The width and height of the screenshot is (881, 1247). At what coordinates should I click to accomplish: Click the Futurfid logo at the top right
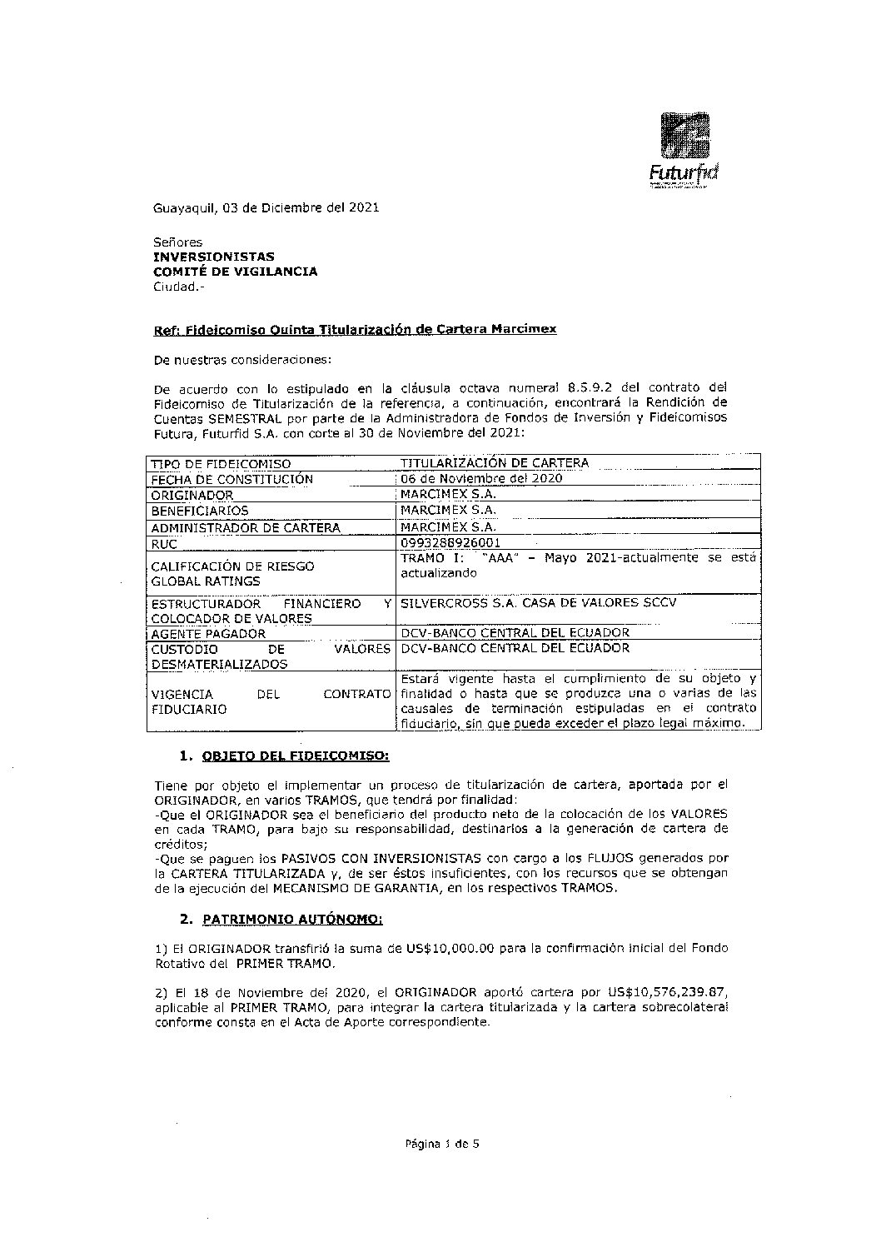[684, 148]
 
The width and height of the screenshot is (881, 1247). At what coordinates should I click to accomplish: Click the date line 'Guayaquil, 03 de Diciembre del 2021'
[266, 207]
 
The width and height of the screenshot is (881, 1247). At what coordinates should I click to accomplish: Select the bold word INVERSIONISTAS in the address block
[214, 257]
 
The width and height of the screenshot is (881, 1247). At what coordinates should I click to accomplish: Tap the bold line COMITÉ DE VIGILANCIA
[236, 272]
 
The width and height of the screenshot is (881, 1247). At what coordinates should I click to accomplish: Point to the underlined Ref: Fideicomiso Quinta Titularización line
[355, 329]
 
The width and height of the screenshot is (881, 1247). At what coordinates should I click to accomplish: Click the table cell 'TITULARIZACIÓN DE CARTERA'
[495, 463]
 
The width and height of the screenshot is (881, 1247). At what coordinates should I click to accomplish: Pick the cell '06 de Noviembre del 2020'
[481, 478]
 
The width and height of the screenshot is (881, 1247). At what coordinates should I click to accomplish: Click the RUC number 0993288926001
[450, 543]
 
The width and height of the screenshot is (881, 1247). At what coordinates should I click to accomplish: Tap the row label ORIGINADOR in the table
[192, 495]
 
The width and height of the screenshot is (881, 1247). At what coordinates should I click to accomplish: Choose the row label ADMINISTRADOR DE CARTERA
[245, 527]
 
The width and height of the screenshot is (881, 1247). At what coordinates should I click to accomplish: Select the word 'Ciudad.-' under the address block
[178, 287]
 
